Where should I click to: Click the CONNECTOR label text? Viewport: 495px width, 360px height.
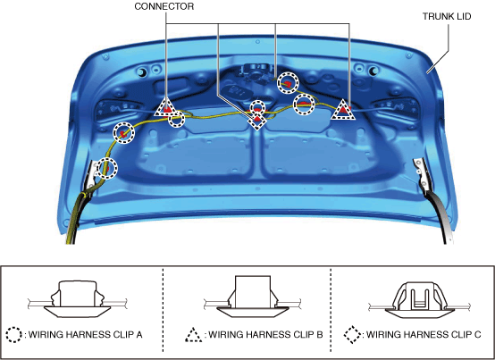click(164, 6)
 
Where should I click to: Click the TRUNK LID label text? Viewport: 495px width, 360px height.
click(447, 16)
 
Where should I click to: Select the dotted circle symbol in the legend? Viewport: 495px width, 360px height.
click(14, 334)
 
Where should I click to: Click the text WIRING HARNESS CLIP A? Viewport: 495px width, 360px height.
click(85, 334)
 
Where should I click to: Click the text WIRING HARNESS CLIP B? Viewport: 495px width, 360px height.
click(265, 334)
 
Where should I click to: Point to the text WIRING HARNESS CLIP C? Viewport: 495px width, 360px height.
click(424, 334)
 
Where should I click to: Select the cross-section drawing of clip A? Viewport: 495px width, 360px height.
click(78, 299)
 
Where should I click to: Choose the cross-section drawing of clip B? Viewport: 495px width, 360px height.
click(253, 297)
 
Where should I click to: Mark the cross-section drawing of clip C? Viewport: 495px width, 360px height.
click(419, 300)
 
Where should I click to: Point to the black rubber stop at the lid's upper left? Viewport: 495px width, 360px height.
click(142, 72)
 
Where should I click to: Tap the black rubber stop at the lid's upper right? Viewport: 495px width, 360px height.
click(373, 71)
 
